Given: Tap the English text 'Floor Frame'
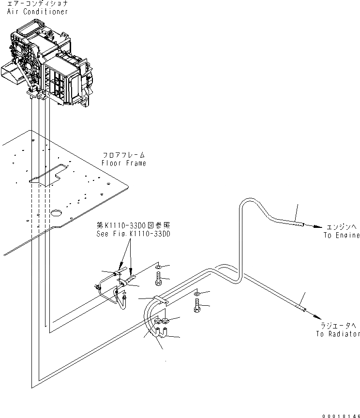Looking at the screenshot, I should click(x=124, y=163).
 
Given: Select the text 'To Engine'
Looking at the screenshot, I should click(x=342, y=235).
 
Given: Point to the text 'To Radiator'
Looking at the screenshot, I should click(x=338, y=334).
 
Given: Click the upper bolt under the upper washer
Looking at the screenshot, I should click(x=158, y=280).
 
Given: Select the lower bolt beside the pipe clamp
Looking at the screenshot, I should click(x=197, y=306).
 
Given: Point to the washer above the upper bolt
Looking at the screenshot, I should click(x=159, y=267).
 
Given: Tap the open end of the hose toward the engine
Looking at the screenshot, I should click(x=301, y=224).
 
